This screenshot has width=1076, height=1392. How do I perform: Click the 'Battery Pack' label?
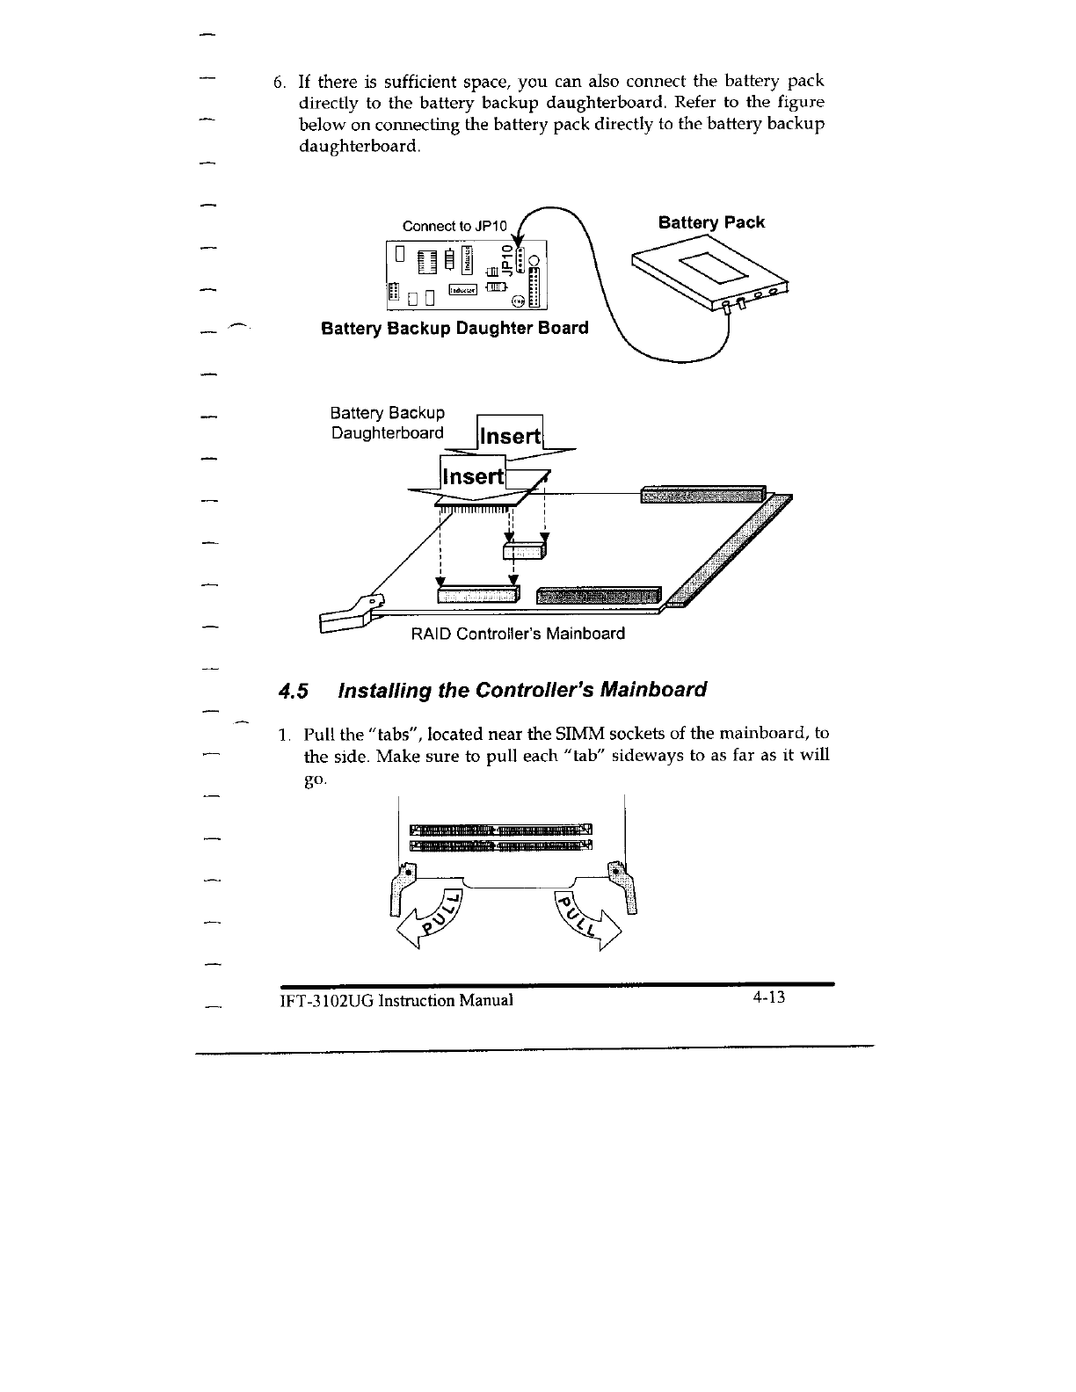point(711,222)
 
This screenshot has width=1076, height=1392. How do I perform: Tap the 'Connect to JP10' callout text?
point(449,226)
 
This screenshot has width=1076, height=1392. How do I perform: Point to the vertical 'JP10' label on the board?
point(505,259)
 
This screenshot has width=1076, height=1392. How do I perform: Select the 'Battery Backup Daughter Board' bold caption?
point(454,329)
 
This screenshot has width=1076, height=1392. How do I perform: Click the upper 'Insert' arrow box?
point(509,437)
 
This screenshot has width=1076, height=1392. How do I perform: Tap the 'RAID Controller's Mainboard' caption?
point(518,634)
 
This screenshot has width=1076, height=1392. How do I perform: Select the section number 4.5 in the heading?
point(294,690)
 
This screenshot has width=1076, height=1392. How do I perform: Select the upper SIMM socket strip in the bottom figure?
point(501,830)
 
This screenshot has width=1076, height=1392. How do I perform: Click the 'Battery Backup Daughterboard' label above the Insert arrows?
point(387,423)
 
